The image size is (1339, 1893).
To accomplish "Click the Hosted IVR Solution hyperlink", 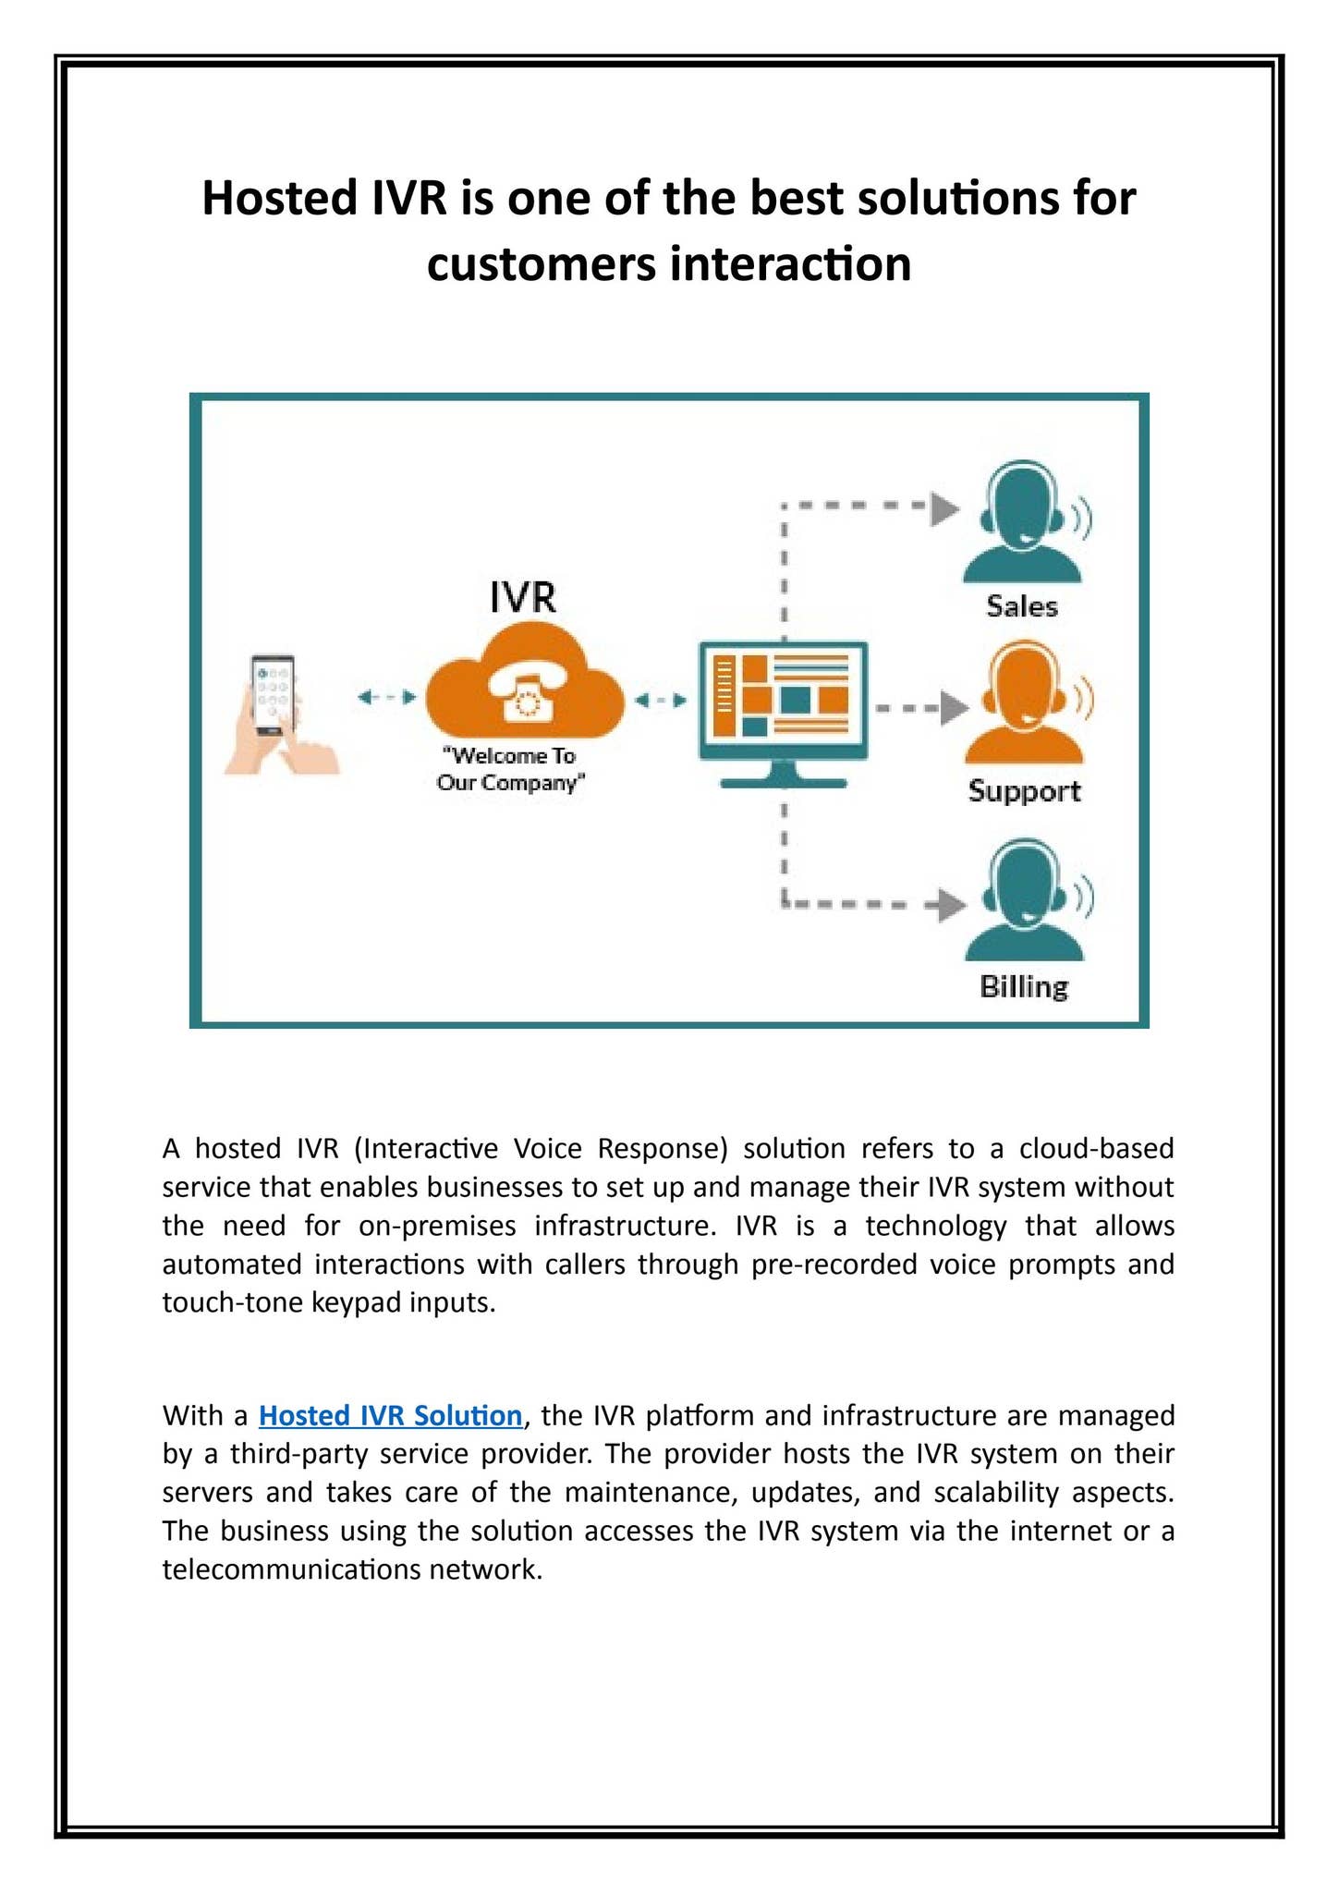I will pos(390,1415).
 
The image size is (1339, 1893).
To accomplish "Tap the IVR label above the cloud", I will pos(522,597).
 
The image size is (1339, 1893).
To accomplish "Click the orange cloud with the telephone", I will pos(525,689).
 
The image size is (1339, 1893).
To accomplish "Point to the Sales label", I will pos(1021,606).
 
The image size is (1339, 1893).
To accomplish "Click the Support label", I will pos(1024,791).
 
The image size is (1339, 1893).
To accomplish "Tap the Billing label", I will pos(1023,986).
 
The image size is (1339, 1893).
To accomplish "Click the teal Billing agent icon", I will pos(1025,900).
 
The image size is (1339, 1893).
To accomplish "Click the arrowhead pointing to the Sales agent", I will pos(944,507).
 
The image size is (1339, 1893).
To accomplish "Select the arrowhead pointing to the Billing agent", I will pos(952,904).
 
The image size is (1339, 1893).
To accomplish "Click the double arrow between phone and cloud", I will pos(387,698).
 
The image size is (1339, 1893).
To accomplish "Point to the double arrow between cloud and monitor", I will pos(661,701).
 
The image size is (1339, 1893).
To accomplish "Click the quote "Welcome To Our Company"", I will pos(510,769).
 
